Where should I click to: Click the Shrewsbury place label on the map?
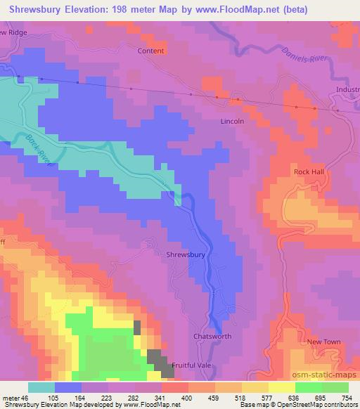[x=186, y=255]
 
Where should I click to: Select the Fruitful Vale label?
[x=194, y=365]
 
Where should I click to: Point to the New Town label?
[x=324, y=342]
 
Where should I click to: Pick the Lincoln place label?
[x=231, y=121]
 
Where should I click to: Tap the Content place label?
[x=151, y=51]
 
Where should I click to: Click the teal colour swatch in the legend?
[x=41, y=387]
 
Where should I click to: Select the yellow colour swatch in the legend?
[x=281, y=387]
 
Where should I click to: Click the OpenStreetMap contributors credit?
[x=314, y=405]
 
